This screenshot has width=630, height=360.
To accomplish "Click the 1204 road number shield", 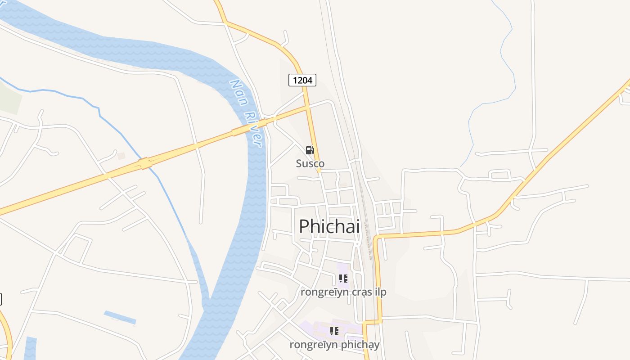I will tap(302, 80).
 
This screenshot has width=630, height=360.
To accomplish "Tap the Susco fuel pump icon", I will tap(310, 150).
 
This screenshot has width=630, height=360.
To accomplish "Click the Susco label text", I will tap(310, 163).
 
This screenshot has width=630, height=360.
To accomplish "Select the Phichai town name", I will tap(329, 226).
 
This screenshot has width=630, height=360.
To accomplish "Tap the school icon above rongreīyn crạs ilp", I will tap(343, 279).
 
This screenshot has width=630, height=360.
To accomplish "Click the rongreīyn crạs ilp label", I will tap(343, 292).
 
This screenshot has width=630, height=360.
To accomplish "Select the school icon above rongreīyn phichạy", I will tap(334, 331).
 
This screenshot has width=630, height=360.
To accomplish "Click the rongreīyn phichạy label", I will tap(334, 345).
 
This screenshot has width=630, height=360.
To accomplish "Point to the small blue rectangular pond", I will tap(120, 317).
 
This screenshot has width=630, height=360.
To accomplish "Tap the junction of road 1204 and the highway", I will tap(308, 108).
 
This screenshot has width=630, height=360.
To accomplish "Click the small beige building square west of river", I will tap(121, 156).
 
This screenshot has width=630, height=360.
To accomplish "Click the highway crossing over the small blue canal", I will tap(145, 163).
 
